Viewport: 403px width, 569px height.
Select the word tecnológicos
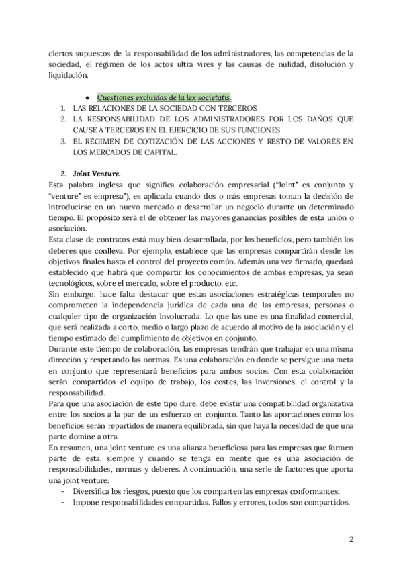click(x=75, y=283)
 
